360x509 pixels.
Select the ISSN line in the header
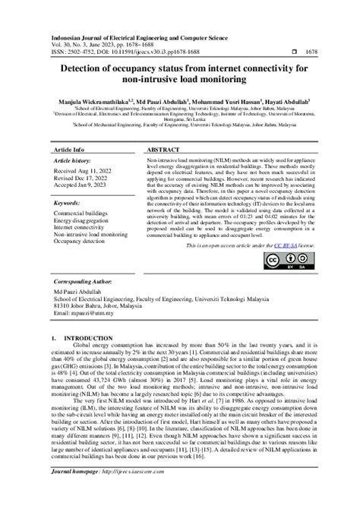(107, 51)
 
